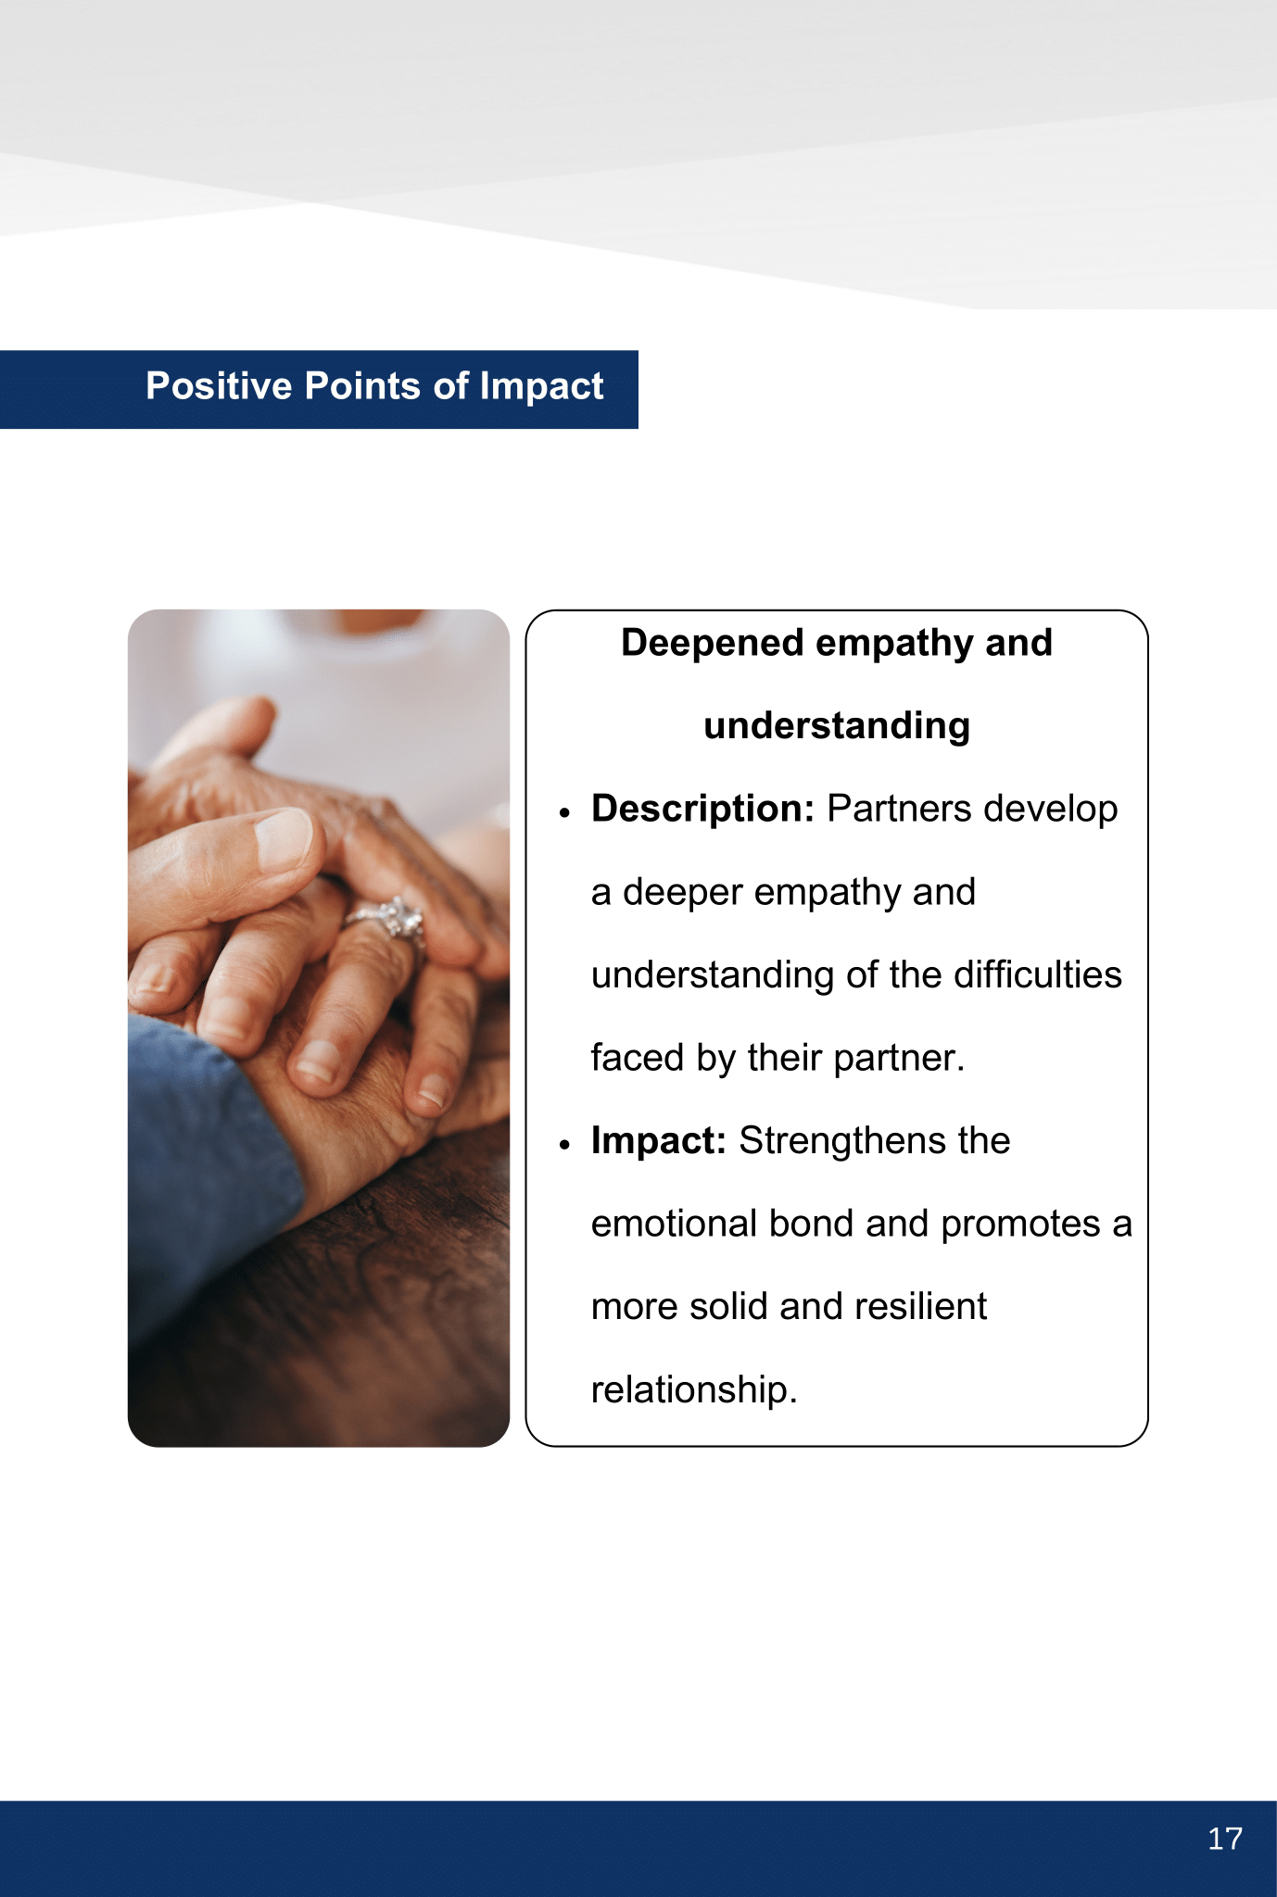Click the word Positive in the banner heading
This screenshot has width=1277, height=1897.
[219, 385]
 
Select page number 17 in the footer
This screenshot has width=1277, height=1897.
[1225, 1839]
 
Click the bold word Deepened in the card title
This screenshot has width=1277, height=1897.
[712, 643]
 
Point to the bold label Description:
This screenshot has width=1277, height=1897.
[702, 810]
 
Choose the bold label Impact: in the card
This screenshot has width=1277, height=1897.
[658, 1141]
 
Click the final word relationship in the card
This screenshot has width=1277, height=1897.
[694, 1390]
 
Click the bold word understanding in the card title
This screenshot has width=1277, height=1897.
[837, 726]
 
